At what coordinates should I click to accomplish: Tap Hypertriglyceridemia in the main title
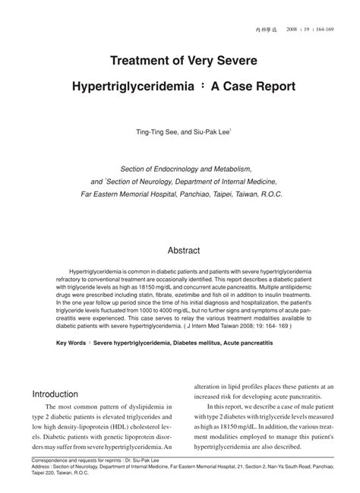[134, 88]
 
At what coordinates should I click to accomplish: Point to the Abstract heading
[183, 249]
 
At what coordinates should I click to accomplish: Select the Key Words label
[73, 343]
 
